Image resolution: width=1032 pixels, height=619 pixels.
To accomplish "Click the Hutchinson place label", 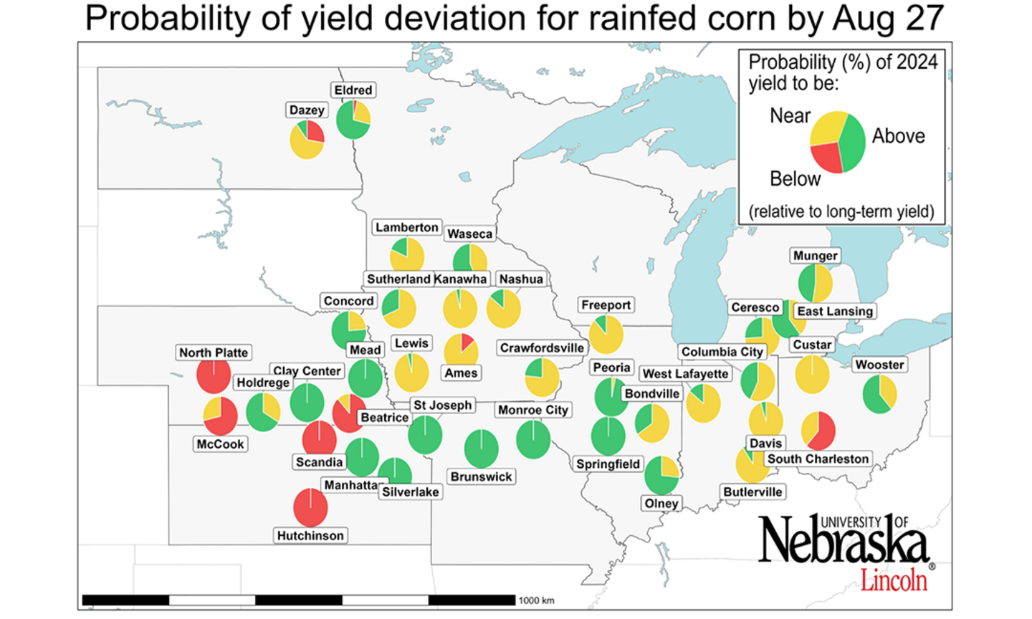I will [310, 535].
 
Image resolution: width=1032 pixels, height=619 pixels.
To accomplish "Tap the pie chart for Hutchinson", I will [310, 506].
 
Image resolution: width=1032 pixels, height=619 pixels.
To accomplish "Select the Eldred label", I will [353, 90].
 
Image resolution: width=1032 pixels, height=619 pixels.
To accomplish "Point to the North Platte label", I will [214, 352].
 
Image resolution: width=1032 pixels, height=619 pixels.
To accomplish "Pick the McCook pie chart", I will [220, 416].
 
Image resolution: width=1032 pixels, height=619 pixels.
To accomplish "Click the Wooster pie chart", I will [879, 393].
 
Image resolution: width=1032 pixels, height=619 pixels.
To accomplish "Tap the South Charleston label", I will [818, 459].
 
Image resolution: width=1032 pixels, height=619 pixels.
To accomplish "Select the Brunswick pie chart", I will [481, 448].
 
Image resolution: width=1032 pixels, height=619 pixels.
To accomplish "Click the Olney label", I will [661, 503].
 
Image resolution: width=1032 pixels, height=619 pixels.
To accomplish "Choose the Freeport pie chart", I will [606, 335].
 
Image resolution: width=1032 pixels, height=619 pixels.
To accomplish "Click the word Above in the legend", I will [898, 136].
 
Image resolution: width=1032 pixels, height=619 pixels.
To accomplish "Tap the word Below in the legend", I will [795, 178].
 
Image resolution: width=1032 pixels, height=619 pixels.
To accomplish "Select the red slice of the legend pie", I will [826, 157].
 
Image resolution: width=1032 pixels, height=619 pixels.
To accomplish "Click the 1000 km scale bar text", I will [536, 600].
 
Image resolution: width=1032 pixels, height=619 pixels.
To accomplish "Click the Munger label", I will [815, 256].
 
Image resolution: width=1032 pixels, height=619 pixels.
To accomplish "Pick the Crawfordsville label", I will [542, 348].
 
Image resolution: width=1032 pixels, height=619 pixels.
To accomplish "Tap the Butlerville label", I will [752, 491].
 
